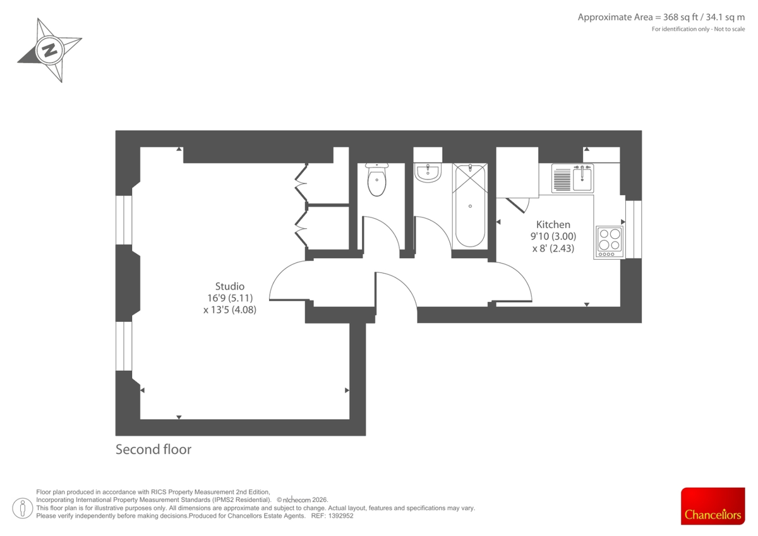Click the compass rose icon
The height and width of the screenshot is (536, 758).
(50, 49)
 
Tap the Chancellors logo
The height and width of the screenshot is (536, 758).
(713, 506)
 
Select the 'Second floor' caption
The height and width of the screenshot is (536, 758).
(153, 450)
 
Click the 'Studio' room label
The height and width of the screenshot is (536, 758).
(229, 286)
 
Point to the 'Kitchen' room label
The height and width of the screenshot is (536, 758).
(553, 224)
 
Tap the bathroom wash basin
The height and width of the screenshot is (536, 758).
(428, 173)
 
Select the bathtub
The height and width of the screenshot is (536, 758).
(470, 206)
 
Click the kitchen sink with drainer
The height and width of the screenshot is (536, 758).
(572, 178)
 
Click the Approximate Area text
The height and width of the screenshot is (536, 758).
(661, 17)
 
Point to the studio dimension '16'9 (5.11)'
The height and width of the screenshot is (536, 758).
(229, 298)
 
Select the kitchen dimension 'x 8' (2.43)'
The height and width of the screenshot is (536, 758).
(553, 248)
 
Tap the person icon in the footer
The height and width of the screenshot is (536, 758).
(23, 508)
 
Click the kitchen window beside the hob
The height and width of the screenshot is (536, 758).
(633, 229)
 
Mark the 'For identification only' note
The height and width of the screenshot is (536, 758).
(698, 29)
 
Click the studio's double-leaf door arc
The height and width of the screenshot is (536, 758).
(287, 283)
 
